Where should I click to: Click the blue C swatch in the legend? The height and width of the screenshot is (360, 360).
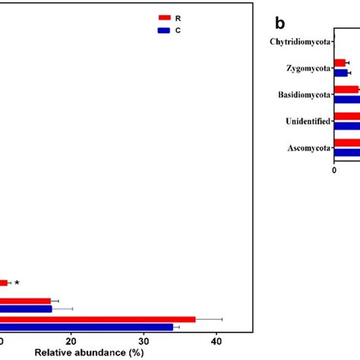pos(164,30)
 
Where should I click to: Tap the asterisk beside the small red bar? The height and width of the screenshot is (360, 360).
pos(17,283)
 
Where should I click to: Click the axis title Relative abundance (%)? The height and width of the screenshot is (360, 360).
pos(89,352)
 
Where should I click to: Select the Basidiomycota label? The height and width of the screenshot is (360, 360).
pos(304,95)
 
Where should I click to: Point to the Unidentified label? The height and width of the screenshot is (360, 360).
pos(308,122)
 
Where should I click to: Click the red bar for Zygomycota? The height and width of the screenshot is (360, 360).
pos(339,63)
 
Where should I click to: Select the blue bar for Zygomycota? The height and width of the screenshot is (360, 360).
pos(340,73)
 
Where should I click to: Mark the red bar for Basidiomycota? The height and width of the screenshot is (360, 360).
pos(346,90)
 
